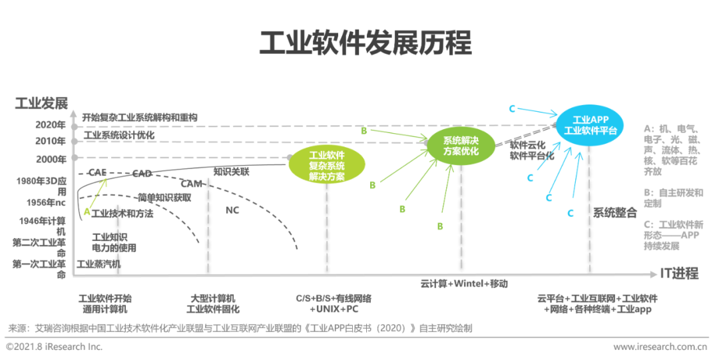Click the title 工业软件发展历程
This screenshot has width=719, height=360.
(x=365, y=43)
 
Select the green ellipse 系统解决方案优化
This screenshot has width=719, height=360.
(x=461, y=146)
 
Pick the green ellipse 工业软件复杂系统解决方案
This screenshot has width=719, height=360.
(x=326, y=166)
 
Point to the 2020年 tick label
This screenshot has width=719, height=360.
(x=51, y=124)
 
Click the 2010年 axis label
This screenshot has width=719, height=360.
(x=51, y=141)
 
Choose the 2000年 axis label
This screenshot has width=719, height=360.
(x=51, y=159)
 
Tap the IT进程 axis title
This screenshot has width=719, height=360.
(x=679, y=273)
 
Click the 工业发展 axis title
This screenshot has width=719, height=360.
(x=41, y=103)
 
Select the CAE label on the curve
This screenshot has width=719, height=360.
(x=97, y=172)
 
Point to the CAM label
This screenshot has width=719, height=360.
(x=191, y=184)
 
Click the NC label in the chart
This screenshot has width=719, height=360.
(x=232, y=210)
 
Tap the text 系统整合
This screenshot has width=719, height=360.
(x=615, y=214)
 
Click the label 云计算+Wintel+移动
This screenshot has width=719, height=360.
(x=464, y=283)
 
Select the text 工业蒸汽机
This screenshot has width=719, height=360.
(x=99, y=264)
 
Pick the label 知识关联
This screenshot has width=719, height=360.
(x=231, y=172)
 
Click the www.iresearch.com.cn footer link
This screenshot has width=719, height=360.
(x=660, y=347)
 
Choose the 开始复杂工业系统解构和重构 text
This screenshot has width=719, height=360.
(x=140, y=118)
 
